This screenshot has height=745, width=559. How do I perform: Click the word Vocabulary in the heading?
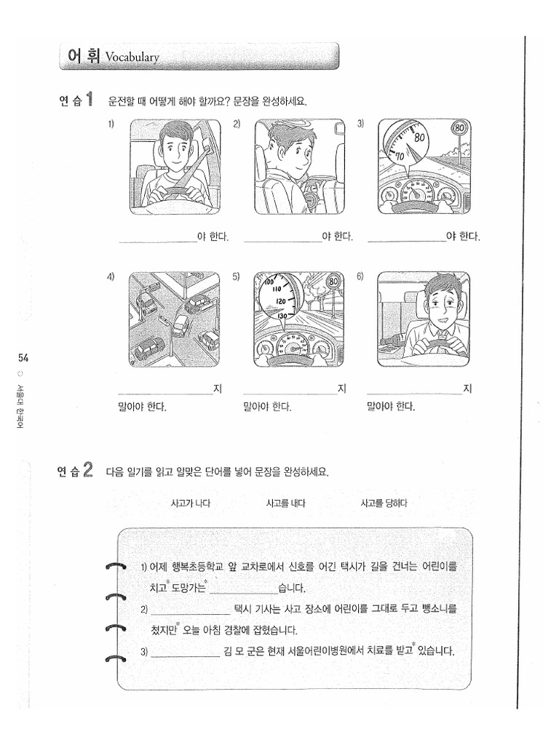click(132, 57)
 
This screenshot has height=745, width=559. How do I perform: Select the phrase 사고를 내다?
click(286, 503)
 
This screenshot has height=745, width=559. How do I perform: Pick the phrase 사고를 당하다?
click(384, 503)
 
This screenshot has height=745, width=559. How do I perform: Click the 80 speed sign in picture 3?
click(459, 129)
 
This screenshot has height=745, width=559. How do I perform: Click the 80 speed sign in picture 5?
click(334, 282)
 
